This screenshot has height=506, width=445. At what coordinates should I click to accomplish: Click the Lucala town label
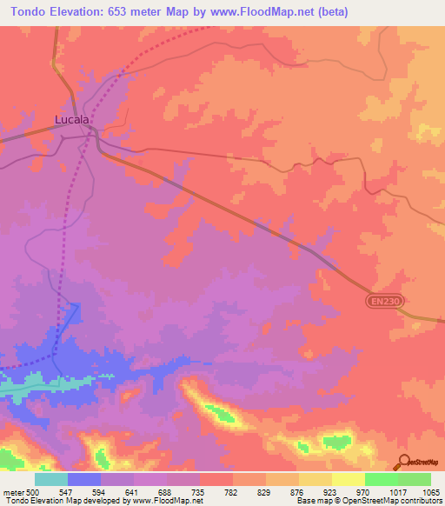click(72, 120)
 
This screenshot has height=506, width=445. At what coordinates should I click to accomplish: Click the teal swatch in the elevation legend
click(50, 479)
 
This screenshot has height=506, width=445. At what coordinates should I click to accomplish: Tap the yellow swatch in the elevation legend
click(348, 479)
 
